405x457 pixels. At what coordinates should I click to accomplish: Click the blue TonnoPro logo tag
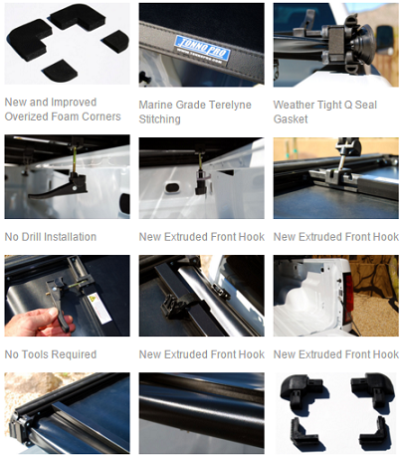coord(202,49)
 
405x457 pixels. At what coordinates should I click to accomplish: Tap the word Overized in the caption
coord(24,116)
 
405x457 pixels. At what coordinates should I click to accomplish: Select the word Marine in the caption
coord(155,105)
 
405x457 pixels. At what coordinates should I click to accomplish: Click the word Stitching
coord(159,119)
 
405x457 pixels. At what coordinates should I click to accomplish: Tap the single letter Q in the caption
coord(348,105)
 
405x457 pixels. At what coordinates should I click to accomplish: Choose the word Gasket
coord(291,119)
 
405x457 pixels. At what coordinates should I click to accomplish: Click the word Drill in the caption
coord(31,237)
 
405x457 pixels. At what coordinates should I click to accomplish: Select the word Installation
coord(70,237)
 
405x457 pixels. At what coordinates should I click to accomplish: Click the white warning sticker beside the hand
coord(97,308)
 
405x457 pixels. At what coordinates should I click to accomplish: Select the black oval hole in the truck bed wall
coord(172,187)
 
